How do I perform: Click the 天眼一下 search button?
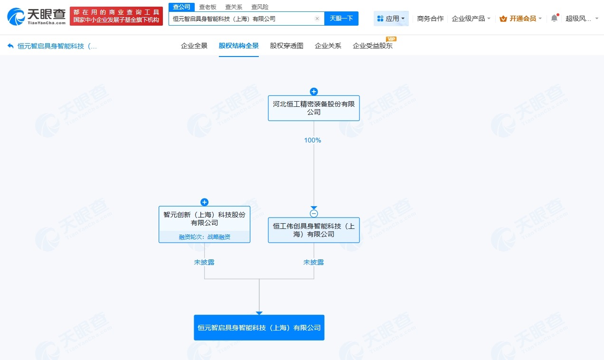[341, 19]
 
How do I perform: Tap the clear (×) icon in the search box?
[317, 19]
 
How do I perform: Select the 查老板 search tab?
[208, 7]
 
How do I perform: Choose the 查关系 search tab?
[234, 7]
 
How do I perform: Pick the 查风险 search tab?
[260, 7]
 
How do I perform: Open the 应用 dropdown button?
[391, 19]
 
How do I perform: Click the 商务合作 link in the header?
[430, 19]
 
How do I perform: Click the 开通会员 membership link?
[519, 19]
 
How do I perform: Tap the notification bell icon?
[554, 19]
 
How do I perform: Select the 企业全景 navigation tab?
[194, 46]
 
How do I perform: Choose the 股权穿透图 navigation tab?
[286, 46]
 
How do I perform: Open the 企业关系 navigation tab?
[328, 46]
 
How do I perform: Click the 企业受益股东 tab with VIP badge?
[373, 46]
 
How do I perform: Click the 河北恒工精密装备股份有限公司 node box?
[313, 108]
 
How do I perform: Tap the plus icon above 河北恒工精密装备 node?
[313, 92]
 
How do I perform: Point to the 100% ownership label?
[313, 140]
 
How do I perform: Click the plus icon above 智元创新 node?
[204, 202]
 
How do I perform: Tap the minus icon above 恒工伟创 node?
[313, 214]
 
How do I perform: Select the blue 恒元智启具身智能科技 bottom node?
[259, 328]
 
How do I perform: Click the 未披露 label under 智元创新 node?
[204, 262]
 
